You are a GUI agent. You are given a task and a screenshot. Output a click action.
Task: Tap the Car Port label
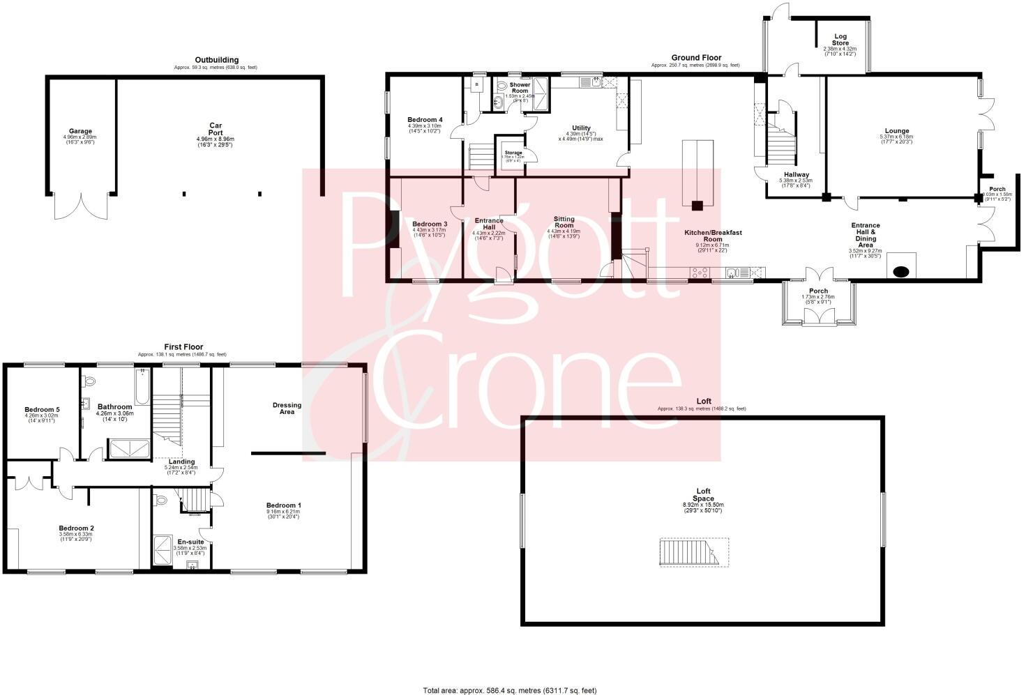click(216, 130)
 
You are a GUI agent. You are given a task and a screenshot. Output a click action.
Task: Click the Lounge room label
click(896, 131)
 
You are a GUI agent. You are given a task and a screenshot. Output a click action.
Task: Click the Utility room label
click(581, 128)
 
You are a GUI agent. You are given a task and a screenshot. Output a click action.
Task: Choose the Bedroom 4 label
click(425, 120)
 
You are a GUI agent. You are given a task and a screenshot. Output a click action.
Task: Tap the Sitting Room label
click(564, 222)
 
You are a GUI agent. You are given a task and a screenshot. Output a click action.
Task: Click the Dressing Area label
click(287, 408)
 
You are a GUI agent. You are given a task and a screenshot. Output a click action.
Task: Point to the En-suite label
click(190, 541)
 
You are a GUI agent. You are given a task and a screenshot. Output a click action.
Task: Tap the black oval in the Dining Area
click(901, 271)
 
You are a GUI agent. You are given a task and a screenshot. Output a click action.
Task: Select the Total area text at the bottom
click(510, 690)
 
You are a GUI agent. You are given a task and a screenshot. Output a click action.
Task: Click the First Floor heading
click(183, 346)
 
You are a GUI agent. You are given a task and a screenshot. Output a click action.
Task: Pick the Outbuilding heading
click(216, 60)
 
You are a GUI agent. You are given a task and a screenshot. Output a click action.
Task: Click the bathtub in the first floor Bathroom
click(142, 388)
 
